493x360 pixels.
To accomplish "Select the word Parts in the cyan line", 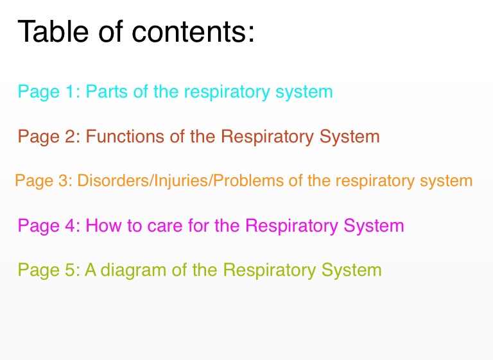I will tap(107, 91).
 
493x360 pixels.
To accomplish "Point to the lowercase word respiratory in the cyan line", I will tap(227, 92).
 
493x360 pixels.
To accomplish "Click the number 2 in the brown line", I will tap(70, 136).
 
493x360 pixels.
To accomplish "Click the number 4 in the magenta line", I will tap(70, 225).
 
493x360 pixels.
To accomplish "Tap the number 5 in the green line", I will tap(70, 270).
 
